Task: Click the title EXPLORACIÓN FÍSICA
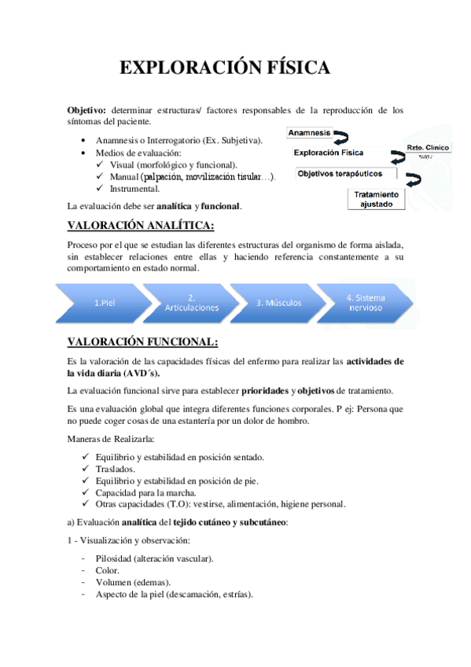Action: coord(224,69)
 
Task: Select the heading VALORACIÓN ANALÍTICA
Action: coord(142,227)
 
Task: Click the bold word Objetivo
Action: coord(88,110)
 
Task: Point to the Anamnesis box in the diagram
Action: coord(310,133)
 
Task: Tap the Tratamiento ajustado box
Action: coord(376,198)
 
